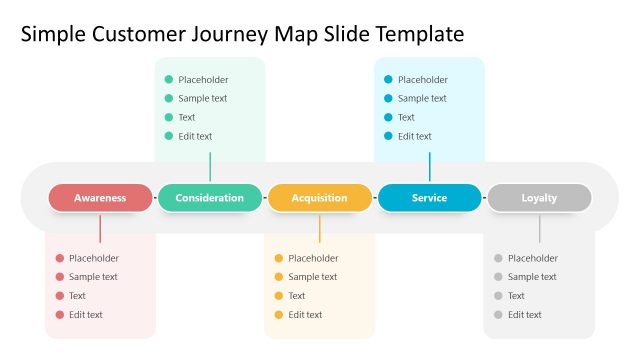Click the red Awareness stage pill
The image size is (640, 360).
click(100, 198)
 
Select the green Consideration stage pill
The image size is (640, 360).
click(210, 198)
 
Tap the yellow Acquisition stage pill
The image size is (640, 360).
click(319, 198)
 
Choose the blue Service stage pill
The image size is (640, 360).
click(429, 198)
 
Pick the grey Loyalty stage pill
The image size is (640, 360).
click(539, 198)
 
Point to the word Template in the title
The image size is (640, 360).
click(420, 35)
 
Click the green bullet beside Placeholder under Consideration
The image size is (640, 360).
click(169, 80)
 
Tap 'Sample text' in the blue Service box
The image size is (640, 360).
click(422, 99)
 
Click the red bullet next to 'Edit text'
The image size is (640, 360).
click(60, 315)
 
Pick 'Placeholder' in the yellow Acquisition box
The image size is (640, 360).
click(313, 259)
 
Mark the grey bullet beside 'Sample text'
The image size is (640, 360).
click(498, 277)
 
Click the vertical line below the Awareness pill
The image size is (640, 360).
click(100, 227)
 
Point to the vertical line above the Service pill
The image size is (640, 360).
click(430, 167)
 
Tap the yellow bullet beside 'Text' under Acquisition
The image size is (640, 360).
click(279, 296)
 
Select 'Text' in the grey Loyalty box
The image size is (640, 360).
click(516, 296)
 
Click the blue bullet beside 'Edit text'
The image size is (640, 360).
click(388, 137)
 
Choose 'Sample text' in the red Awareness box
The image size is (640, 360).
click(93, 277)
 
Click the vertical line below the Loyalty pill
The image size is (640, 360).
click(539, 227)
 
